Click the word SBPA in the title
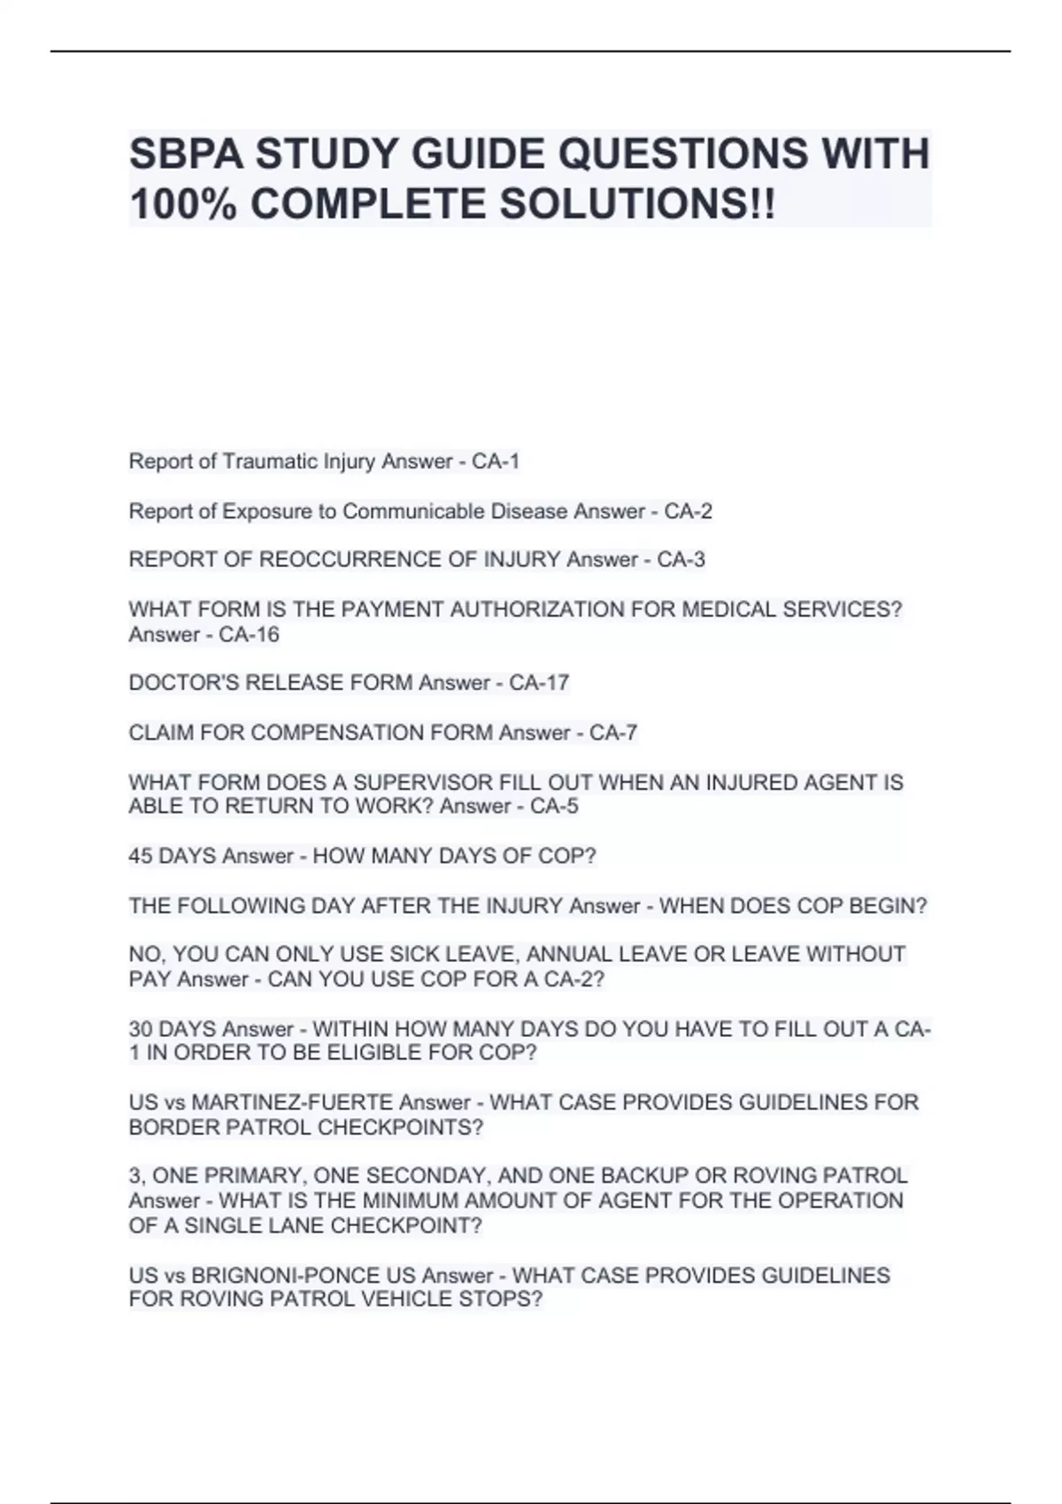point(186,154)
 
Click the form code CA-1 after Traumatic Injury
point(496,462)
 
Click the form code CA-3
point(681,560)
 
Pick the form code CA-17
point(539,683)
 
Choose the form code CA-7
point(613,733)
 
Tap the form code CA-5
point(554,806)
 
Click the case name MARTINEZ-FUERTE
point(292,1102)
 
